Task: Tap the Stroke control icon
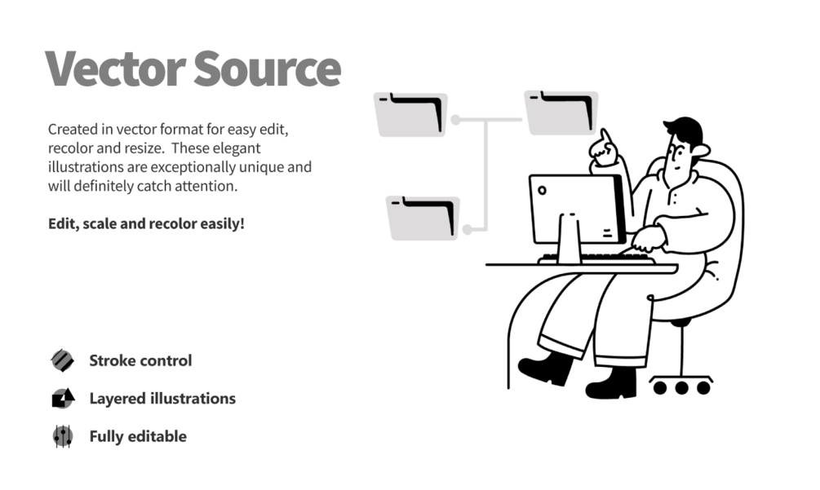coord(62,360)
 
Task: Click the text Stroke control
coord(140,360)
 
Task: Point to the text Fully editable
coord(138,436)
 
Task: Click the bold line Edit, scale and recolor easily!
coord(146,223)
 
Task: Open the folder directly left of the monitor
coord(423,218)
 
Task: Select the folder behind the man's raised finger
coord(561,113)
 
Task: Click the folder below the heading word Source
coord(410,114)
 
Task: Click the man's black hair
coord(684,130)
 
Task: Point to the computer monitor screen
coord(576,208)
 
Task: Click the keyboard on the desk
coord(596,259)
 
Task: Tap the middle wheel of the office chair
coord(682,387)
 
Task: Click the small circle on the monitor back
coord(543,192)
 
